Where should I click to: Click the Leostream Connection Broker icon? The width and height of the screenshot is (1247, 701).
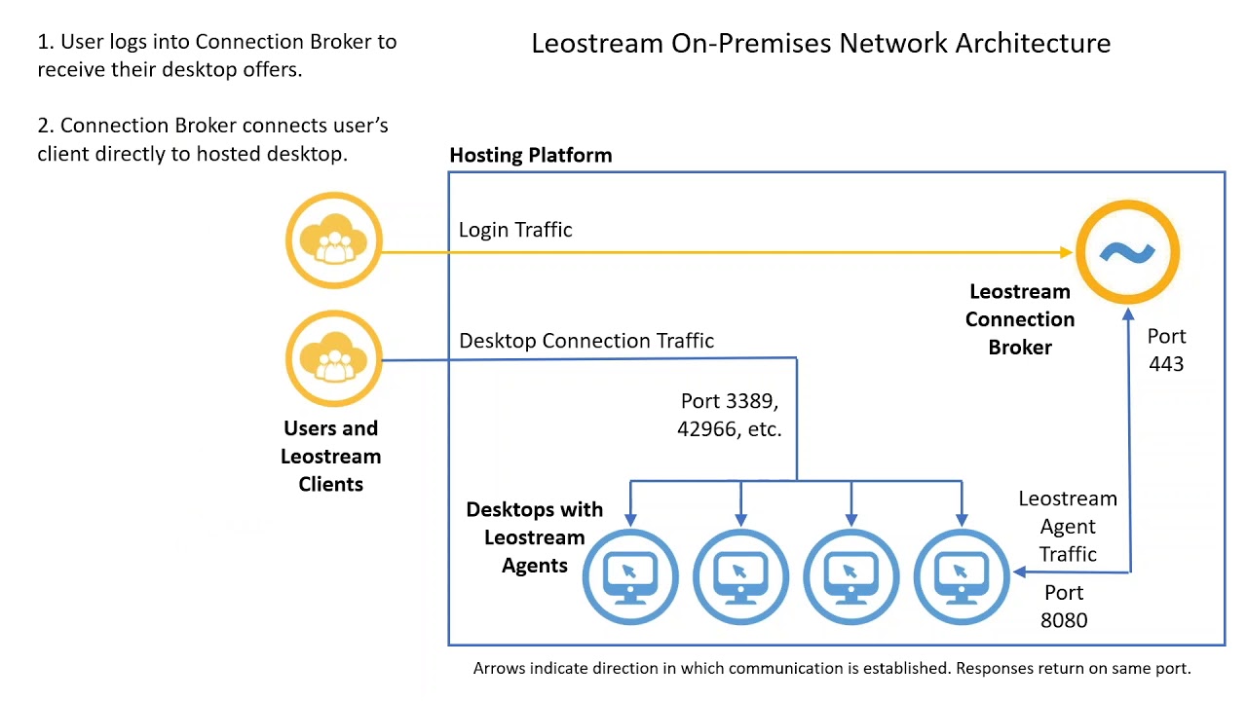1127,253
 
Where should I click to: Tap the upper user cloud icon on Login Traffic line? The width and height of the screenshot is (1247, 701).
334,241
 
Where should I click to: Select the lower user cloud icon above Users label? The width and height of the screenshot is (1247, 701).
334,359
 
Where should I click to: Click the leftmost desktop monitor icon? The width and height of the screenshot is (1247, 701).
630,577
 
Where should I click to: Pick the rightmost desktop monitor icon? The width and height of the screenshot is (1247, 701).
962,577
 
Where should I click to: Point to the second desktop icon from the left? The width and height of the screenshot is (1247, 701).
740,577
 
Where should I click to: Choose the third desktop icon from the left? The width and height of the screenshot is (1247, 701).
851,577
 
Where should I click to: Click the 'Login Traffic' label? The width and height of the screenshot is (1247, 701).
515,230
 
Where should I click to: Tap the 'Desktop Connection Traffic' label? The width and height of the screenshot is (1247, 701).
586,341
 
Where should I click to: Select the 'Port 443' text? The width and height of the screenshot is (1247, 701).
1166,350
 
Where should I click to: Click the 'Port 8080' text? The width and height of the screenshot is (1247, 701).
1064,606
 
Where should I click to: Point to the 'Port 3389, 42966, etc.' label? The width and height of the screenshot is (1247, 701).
730,415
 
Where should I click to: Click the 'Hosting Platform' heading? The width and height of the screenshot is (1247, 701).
531,155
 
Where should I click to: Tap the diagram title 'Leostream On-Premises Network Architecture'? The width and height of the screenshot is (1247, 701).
820,43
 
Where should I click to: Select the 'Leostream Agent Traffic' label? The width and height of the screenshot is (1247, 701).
1068,526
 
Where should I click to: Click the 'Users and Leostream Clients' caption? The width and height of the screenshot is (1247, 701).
331,456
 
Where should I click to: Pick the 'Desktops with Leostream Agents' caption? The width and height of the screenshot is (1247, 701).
535,536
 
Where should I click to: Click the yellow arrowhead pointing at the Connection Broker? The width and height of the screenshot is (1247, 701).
1067,252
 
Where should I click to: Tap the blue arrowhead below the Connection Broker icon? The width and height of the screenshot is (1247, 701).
1128,314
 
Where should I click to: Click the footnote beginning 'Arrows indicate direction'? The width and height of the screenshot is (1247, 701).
832,669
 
